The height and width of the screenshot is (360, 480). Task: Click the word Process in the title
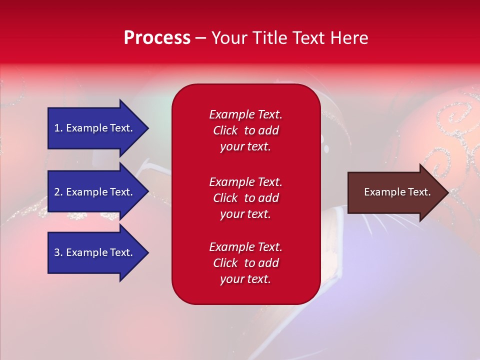[157, 37]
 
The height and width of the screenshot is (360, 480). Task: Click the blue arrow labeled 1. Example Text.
[98, 128]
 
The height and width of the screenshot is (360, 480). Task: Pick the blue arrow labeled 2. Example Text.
[98, 191]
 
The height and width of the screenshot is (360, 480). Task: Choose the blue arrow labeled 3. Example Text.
[98, 252]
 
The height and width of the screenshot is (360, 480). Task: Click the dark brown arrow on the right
[398, 192]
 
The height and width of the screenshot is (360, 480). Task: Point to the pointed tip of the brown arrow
[449, 192]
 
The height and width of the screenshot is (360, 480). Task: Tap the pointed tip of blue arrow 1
[149, 128]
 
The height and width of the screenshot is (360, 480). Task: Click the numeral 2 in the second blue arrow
[57, 192]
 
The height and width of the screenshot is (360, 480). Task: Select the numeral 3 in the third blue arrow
[57, 252]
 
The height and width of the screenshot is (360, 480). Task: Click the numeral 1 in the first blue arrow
[57, 128]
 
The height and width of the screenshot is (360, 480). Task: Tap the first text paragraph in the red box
[246, 130]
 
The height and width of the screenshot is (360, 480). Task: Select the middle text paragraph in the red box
[246, 198]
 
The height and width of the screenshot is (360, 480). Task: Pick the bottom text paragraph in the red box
[246, 262]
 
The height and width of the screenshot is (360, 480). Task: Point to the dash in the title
[201, 38]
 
